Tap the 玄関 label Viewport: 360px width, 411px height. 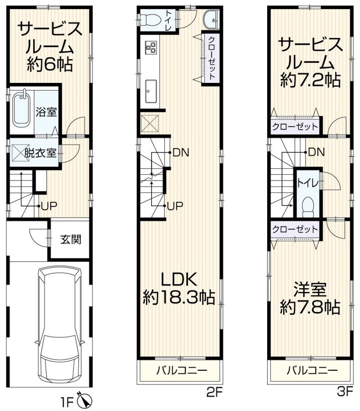click(71, 240)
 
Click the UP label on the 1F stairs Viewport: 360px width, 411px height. click(48, 205)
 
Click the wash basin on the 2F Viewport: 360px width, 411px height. click(211, 20)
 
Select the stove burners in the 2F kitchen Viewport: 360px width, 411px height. click(150, 48)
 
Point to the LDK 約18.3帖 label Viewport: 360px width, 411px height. click(178, 289)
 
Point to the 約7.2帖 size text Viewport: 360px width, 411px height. click(310, 80)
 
